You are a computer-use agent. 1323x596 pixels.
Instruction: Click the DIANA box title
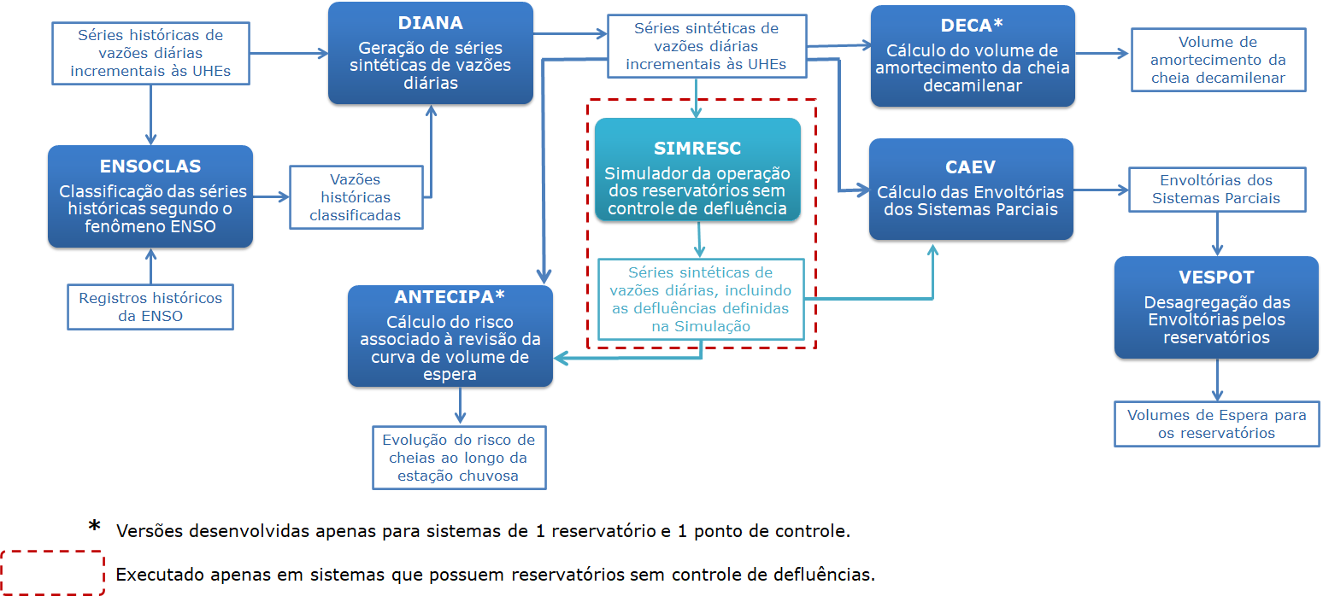(430, 23)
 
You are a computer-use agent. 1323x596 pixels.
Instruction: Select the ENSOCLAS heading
(150, 167)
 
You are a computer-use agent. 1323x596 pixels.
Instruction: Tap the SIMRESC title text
(697, 148)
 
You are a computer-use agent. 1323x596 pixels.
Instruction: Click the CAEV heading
(970, 167)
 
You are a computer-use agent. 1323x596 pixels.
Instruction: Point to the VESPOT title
(1216, 278)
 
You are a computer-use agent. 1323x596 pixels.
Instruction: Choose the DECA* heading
(972, 26)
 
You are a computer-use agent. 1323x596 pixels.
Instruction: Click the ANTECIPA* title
(450, 297)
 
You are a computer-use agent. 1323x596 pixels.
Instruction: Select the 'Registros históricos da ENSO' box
(150, 307)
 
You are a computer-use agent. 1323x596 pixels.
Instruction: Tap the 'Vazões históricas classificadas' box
(356, 197)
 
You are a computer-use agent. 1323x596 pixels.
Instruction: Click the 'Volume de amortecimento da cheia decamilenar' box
(1218, 60)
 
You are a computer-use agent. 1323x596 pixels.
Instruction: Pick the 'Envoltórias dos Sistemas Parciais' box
(1216, 190)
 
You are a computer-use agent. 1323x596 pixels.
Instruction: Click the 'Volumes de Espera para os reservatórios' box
(1216, 424)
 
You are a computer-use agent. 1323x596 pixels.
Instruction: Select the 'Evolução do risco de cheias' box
(458, 458)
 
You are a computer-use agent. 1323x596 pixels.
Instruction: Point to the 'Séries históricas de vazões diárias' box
(150, 53)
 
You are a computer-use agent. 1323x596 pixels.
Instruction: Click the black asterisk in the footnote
(95, 527)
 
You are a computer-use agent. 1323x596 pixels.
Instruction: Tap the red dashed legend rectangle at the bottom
(53, 572)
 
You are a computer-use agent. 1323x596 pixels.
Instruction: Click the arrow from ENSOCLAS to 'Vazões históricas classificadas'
(271, 196)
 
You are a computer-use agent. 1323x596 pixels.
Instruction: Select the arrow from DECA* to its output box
(1102, 52)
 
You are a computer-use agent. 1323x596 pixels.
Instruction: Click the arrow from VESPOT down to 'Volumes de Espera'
(1216, 380)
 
